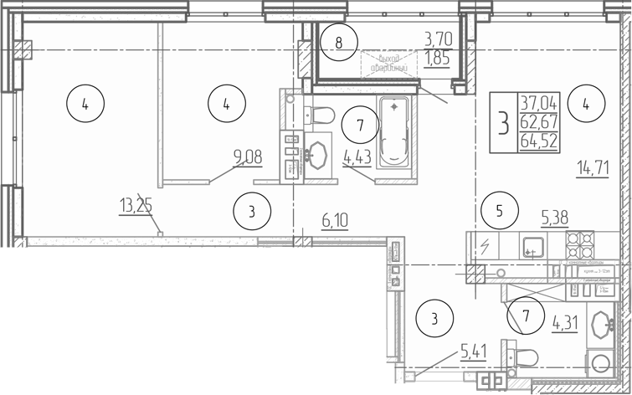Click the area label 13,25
point(138,205)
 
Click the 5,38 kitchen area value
point(556,218)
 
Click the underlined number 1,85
point(438,58)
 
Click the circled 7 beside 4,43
point(360,126)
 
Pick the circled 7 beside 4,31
point(526,316)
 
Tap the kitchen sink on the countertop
point(532,246)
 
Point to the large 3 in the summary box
point(503,123)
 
